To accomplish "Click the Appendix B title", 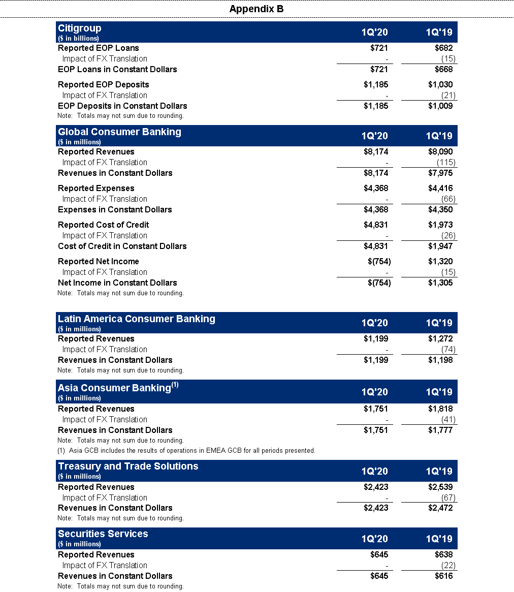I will point(256,9).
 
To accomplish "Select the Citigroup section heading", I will point(80,28).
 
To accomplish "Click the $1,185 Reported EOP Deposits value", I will point(376,85).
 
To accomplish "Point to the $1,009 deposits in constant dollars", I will point(440,106).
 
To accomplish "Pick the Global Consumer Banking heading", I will point(119,132).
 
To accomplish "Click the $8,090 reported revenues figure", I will point(440,152).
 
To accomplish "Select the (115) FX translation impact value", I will point(446,163).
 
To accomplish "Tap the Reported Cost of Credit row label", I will point(103,225).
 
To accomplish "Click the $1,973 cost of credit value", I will point(440,225).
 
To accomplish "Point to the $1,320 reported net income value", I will point(440,262).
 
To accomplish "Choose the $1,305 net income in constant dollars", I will point(440,283).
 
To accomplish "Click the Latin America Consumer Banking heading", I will point(136,319).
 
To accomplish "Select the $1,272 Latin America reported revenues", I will point(440,339).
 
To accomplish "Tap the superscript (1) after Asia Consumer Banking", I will point(175,385).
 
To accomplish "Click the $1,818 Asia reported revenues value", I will point(440,409).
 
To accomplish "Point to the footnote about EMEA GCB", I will point(186,451).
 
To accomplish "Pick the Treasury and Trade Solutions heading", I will point(128,466).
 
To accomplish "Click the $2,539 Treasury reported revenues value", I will point(440,487).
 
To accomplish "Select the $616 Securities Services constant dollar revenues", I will point(443,576).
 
